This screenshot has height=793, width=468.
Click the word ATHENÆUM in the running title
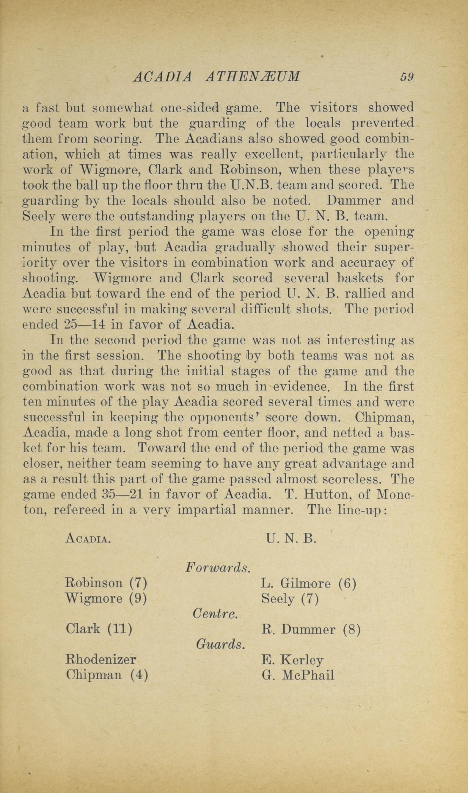[253, 77]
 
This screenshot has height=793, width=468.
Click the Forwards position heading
[218, 567]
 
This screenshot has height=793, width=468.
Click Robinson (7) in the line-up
[106, 583]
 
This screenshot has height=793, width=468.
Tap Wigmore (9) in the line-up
[106, 598]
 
